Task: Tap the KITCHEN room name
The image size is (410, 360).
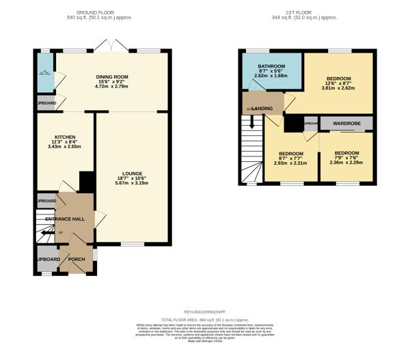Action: pyautogui.click(x=66, y=137)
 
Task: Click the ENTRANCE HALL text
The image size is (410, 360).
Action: pyautogui.click(x=65, y=219)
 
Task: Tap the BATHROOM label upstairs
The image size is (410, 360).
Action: pyautogui.click(x=271, y=67)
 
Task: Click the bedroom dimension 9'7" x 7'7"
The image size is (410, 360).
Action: pyautogui.click(x=290, y=158)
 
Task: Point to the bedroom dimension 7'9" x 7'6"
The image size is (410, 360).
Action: pyautogui.click(x=346, y=158)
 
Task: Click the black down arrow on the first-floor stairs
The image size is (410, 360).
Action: pyautogui.click(x=251, y=123)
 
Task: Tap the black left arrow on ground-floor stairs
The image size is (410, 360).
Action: pyautogui.click(x=45, y=233)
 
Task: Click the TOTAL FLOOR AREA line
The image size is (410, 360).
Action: pyautogui.click(x=205, y=320)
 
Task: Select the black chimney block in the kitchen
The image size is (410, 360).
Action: pyautogui.click(x=87, y=181)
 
